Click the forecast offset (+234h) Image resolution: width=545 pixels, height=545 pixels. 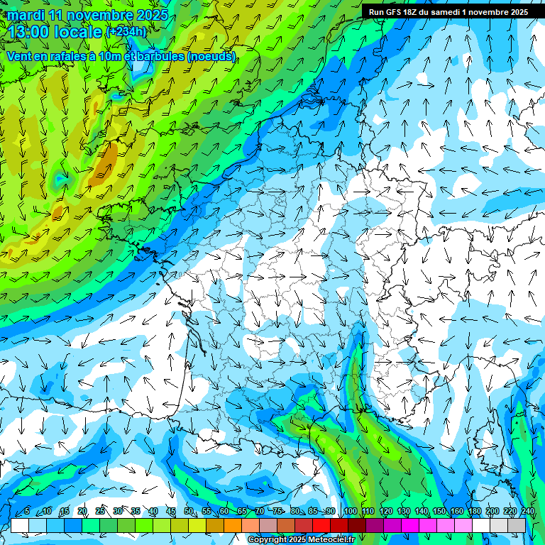point(126,31)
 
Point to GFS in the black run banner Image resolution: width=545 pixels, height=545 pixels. point(395,12)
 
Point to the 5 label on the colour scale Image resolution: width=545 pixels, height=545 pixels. point(27,512)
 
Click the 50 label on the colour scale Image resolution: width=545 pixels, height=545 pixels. point(189,512)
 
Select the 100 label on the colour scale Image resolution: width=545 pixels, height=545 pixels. point(351,512)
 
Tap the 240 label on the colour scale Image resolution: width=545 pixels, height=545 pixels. point(528,512)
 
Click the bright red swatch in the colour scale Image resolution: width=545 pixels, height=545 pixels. point(322,525)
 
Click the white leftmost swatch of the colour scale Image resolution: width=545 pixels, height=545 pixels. point(20,525)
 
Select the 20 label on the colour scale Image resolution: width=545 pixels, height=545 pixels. point(82,512)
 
